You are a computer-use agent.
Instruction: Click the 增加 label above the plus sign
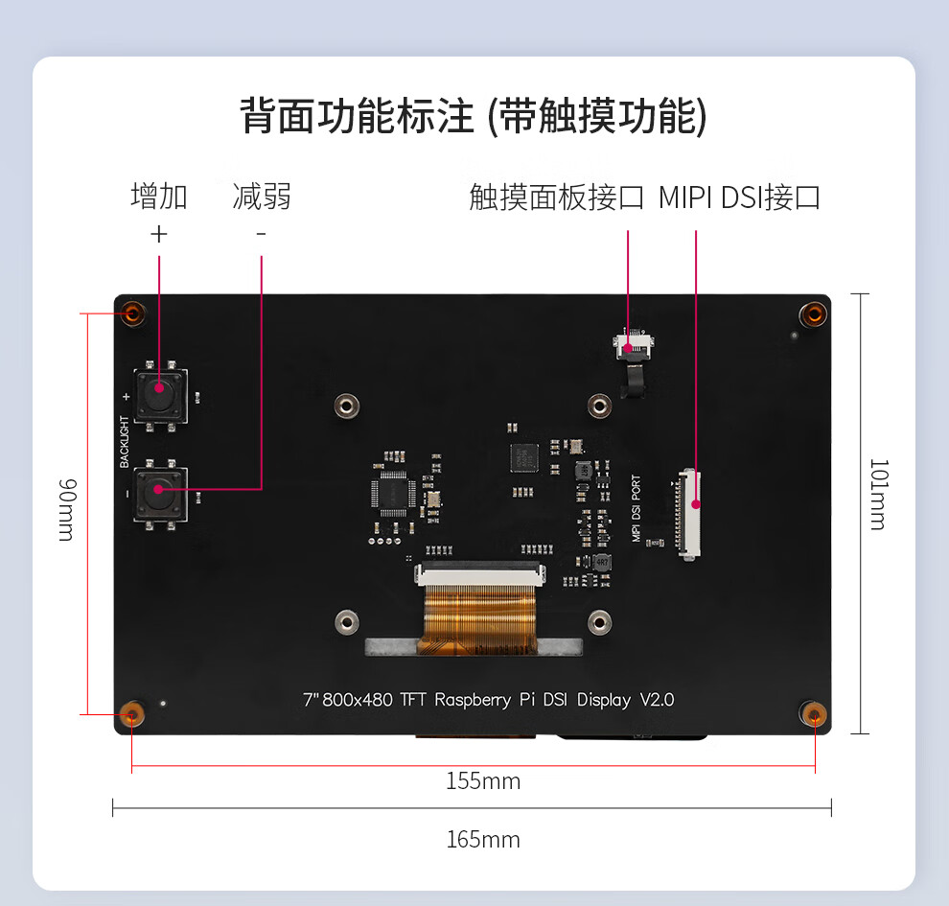(159, 197)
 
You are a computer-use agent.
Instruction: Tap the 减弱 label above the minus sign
(262, 197)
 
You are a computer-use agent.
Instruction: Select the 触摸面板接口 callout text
(556, 197)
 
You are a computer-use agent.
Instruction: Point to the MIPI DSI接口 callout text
(739, 197)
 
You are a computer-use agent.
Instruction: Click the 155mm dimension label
(483, 781)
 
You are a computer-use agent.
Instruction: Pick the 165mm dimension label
(483, 840)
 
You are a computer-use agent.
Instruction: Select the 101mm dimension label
(878, 494)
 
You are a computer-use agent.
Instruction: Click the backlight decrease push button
(159, 494)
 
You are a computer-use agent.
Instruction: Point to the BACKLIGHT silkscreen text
(125, 441)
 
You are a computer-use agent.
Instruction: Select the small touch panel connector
(633, 342)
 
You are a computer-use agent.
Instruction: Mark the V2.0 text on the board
(657, 700)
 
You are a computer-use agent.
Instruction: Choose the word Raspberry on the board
(473, 700)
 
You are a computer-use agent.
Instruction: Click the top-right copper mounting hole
(814, 314)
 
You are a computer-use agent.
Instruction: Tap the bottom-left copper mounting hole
(132, 714)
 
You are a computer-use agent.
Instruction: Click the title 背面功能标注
(357, 117)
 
